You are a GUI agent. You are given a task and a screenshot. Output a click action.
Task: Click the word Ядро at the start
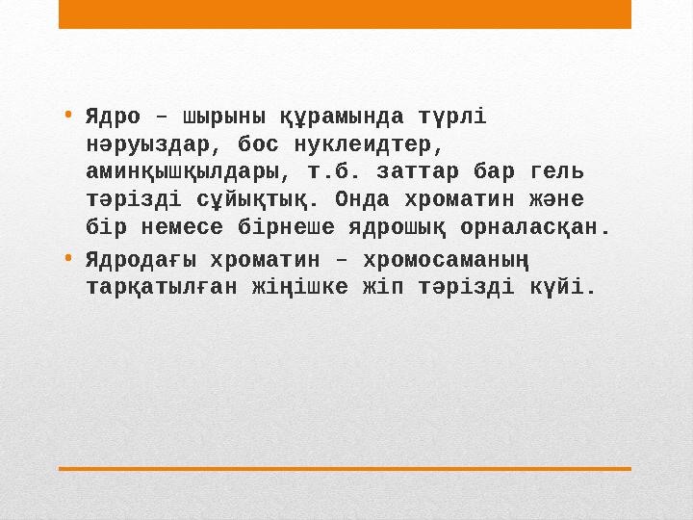tap(113, 117)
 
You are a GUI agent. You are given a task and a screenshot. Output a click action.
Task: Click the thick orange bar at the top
tap(345, 13)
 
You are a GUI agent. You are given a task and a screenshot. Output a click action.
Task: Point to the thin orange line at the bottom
tap(345, 469)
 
